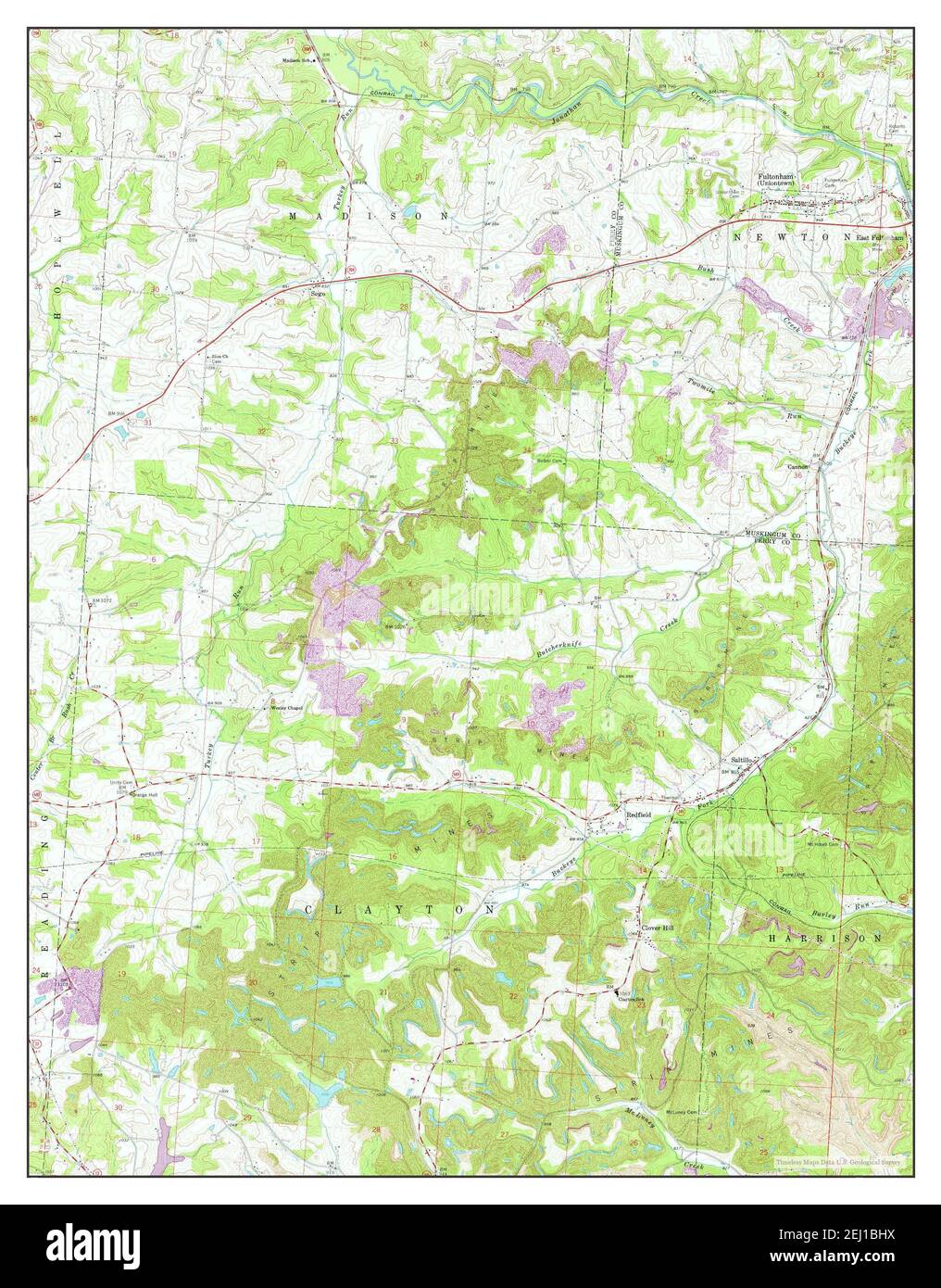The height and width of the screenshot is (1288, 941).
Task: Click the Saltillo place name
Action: tap(740, 760)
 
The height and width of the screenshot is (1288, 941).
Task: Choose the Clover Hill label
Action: tap(656, 928)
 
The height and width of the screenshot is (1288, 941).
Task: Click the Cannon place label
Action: tap(797, 466)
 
